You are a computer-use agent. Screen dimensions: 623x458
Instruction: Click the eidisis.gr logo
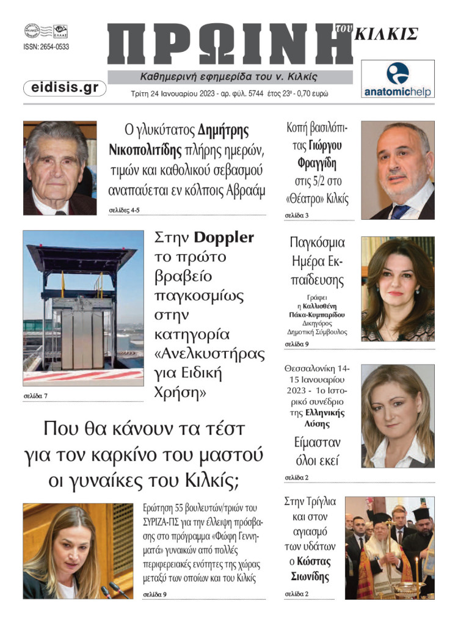(x=65, y=88)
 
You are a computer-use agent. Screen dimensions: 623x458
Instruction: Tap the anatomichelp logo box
(x=398, y=79)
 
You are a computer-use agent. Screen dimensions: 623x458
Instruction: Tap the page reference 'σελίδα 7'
(x=35, y=396)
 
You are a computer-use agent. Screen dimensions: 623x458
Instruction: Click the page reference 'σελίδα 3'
(x=297, y=216)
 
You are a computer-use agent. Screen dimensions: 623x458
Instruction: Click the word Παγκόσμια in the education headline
(x=317, y=242)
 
